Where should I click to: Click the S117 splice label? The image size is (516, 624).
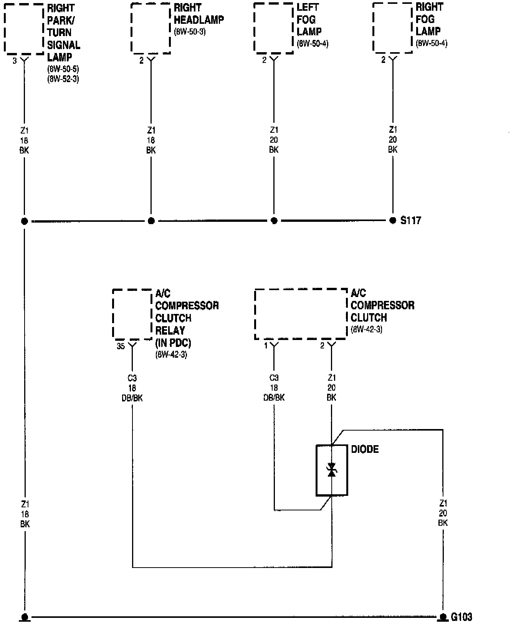coord(411,221)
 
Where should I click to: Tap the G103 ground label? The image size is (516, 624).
coord(461,617)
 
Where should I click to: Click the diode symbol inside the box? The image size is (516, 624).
coord(332,470)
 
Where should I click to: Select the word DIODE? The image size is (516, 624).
coord(365,449)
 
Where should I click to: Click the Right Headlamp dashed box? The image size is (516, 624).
coord(150,28)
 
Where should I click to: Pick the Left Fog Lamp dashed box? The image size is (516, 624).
coord(273,28)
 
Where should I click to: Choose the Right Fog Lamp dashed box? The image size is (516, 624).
coord(392,28)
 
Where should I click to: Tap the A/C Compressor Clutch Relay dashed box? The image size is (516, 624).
coord(132,314)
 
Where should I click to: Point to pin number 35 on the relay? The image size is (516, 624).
coord(121,347)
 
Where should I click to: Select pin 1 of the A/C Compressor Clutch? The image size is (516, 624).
coord(266,346)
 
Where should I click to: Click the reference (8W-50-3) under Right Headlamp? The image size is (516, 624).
coord(190,32)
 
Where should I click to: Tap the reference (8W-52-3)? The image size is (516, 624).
coord(63,79)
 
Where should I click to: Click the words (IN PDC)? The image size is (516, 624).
coord(173,343)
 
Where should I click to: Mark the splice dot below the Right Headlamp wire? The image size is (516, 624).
coord(151,221)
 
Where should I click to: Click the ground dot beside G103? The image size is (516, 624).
coord(443,617)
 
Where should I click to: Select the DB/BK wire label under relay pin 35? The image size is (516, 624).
coord(132,398)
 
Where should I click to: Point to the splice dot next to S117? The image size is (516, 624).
coord(393,221)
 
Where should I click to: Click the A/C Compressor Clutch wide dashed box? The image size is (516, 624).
coord(301,314)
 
